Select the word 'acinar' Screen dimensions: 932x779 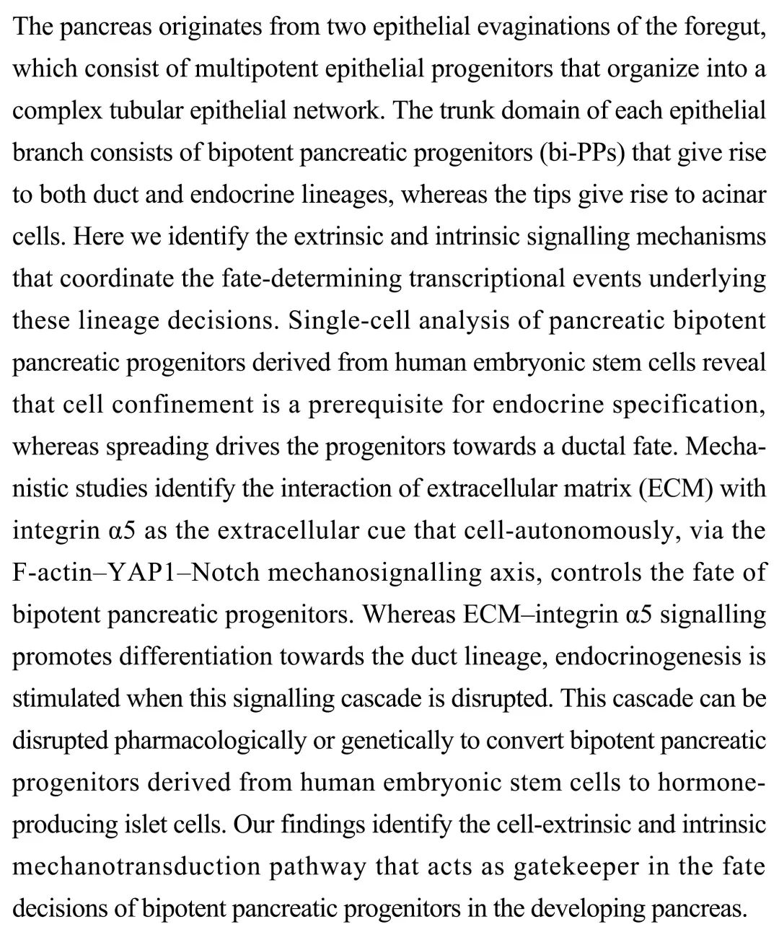[734, 195]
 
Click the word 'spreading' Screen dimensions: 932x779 [157, 447]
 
